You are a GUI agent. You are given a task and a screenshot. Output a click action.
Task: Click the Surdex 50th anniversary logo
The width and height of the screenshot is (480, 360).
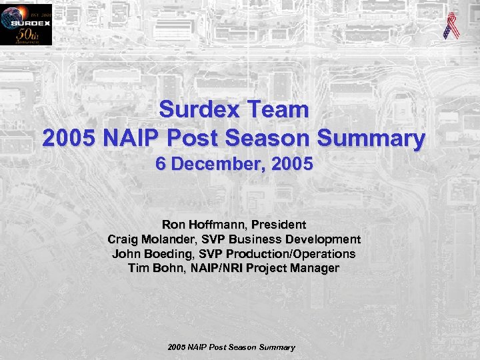(x=25, y=25)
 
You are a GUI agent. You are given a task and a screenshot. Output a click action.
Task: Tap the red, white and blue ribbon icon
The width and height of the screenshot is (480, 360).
(x=451, y=25)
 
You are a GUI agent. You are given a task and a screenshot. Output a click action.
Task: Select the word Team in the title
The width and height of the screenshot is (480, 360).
(x=279, y=109)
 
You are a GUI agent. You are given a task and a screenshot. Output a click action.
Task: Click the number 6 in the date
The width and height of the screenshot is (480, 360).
(x=161, y=164)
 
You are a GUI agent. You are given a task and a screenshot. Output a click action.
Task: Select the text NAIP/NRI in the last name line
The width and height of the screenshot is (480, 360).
(x=209, y=269)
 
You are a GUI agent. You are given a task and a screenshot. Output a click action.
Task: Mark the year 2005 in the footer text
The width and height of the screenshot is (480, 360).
(x=177, y=347)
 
